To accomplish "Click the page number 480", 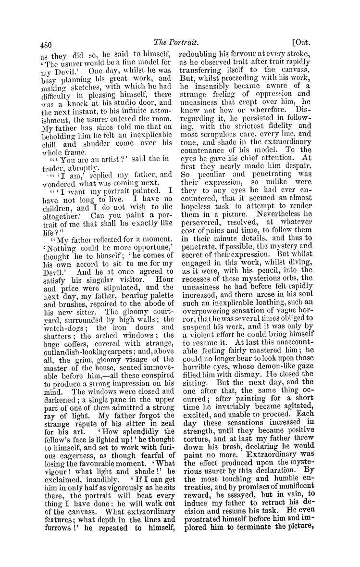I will point(46,46).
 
